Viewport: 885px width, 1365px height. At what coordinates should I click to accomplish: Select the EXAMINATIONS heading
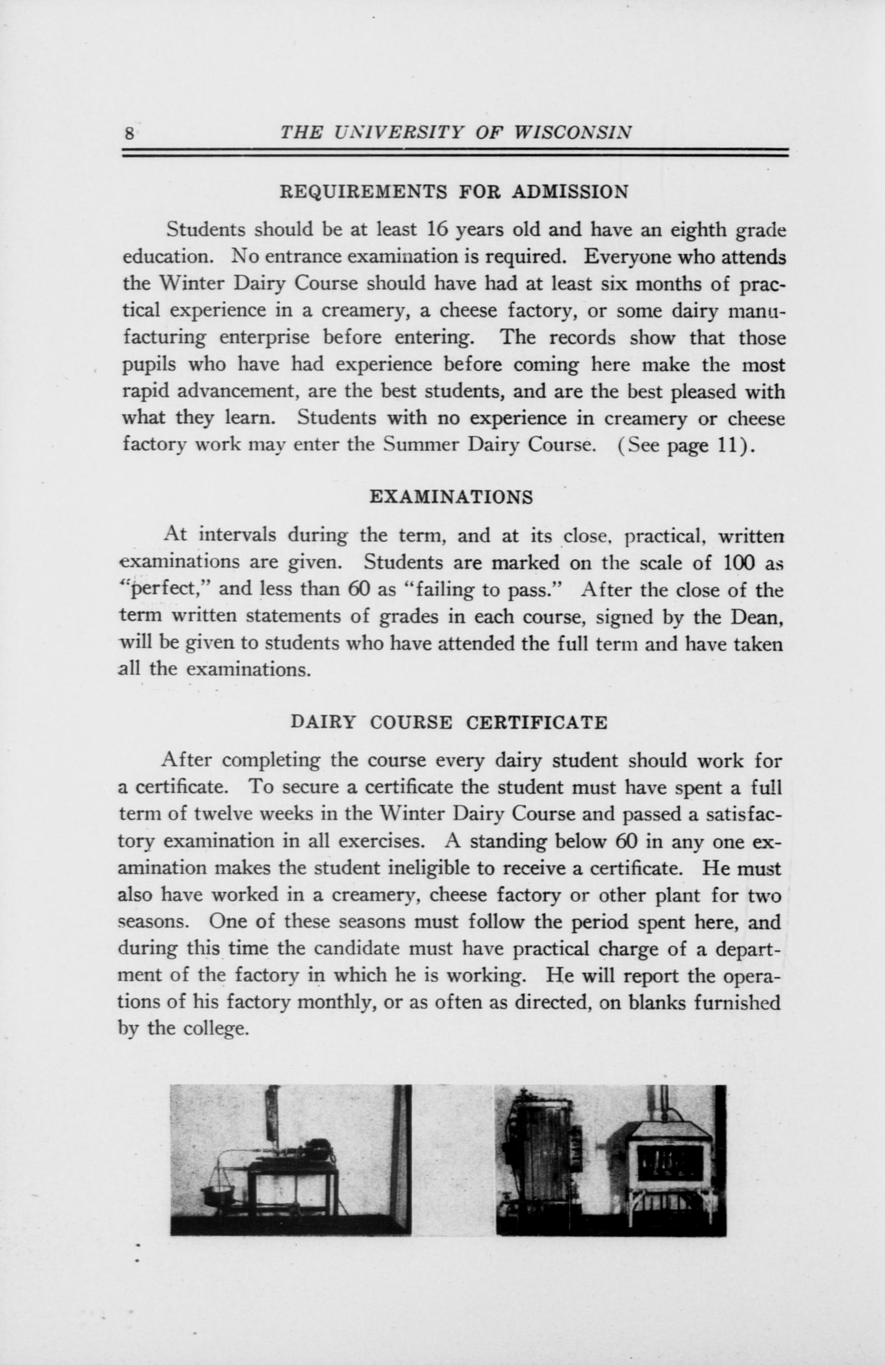451,497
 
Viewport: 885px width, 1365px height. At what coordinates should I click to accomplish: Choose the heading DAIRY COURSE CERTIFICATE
449,722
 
